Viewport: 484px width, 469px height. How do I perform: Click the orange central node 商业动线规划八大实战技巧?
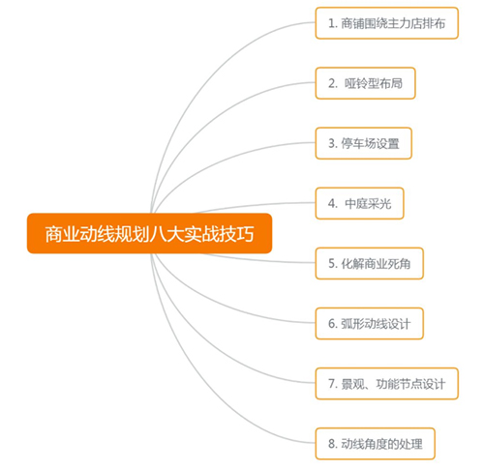pyautogui.click(x=149, y=233)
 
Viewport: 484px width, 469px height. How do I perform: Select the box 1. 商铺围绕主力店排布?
pyautogui.click(x=387, y=23)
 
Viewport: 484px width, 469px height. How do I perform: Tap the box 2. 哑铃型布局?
pyautogui.click(x=365, y=83)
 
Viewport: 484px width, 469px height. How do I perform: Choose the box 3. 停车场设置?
pyautogui.click(x=364, y=143)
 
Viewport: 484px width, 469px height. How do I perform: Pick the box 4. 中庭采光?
pyautogui.click(x=359, y=203)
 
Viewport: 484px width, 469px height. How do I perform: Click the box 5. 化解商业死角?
pyautogui.click(x=370, y=264)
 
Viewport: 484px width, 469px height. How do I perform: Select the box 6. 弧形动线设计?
pyautogui.click(x=370, y=324)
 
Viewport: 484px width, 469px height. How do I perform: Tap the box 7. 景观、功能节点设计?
pyautogui.click(x=387, y=384)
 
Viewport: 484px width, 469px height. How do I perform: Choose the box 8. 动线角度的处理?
pyautogui.click(x=376, y=444)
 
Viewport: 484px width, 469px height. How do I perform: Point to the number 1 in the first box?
pyautogui.click(x=331, y=23)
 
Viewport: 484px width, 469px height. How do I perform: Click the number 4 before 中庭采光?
pyautogui.click(x=332, y=204)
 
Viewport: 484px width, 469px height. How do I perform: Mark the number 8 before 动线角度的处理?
pyautogui.click(x=332, y=444)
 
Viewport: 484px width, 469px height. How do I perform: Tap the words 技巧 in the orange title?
pyautogui.click(x=236, y=234)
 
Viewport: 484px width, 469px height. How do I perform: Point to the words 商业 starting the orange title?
pyautogui.click(x=62, y=234)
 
